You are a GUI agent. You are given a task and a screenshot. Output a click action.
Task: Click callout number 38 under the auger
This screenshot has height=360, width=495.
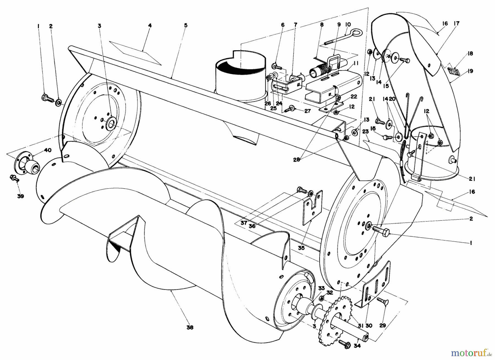pos(189,327)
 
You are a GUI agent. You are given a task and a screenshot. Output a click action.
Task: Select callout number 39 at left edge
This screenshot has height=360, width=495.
pos(20,196)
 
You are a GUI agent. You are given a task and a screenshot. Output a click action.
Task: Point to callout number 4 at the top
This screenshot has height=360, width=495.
pos(150,25)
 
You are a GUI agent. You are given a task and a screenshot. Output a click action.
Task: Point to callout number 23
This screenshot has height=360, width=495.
pos(365,131)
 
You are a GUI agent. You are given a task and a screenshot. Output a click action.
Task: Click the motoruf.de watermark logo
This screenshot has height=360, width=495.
pos(474,352)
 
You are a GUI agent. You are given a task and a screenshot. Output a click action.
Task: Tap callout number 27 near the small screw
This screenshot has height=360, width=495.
pos(307,111)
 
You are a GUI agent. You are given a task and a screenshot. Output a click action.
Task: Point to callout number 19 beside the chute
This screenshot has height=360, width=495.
pos(470,71)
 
